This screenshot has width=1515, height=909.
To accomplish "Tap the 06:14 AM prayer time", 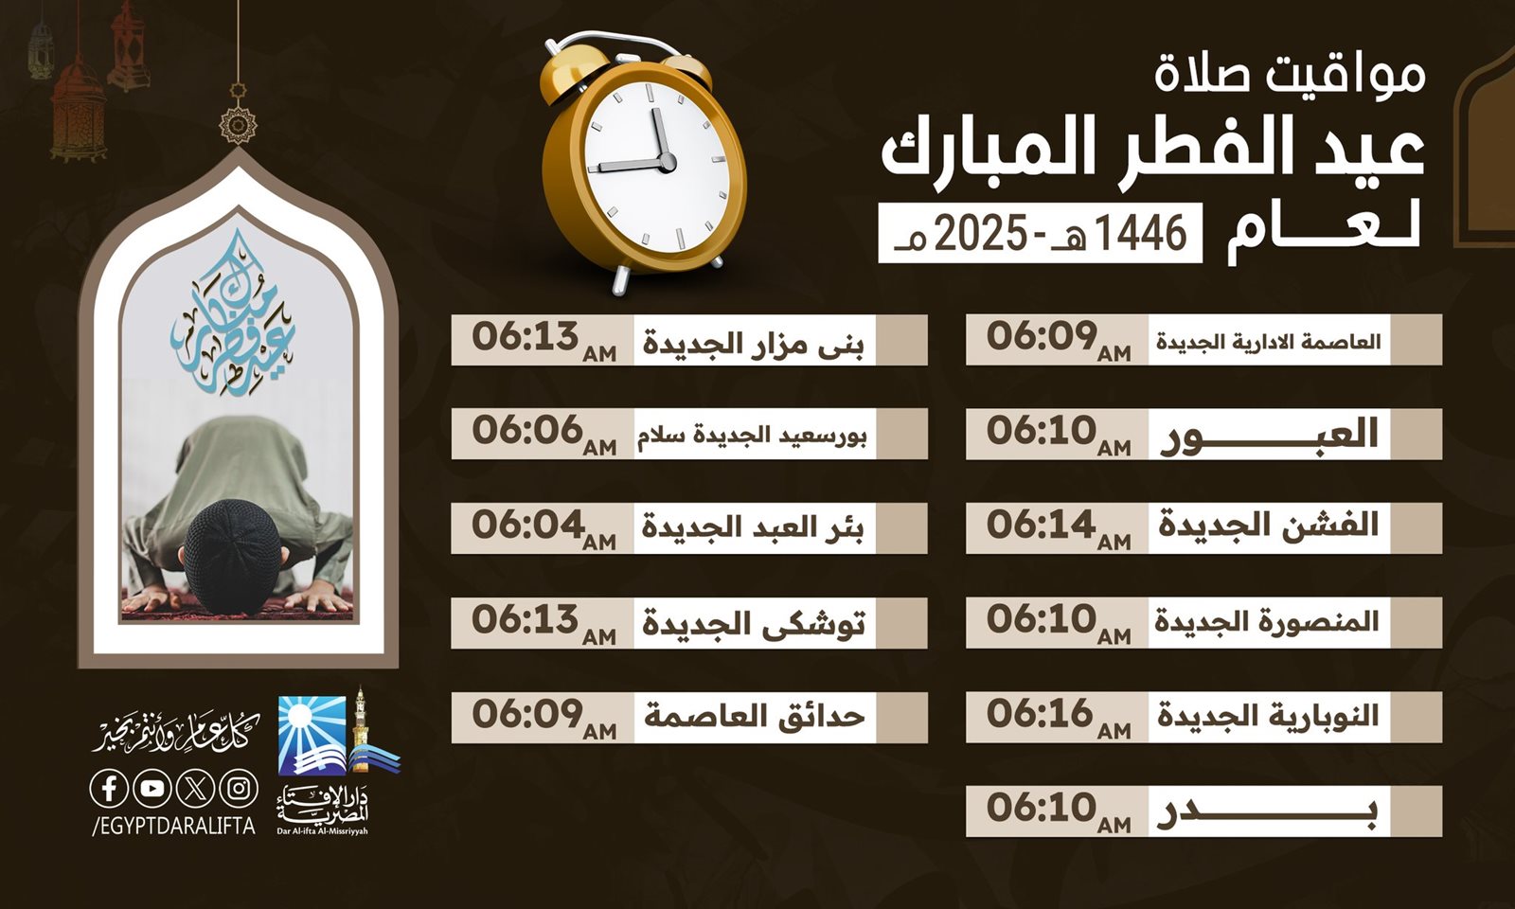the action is (1059, 529).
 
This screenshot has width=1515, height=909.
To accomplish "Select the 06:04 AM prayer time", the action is (544, 529).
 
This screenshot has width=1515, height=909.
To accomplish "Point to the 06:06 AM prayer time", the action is (544, 435).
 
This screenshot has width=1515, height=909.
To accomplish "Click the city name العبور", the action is (1269, 436).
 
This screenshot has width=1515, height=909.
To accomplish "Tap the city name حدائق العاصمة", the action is (754, 717).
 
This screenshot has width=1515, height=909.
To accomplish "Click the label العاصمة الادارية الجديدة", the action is (1268, 341).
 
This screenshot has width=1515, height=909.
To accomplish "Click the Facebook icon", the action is (109, 789).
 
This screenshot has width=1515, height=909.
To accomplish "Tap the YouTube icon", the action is (152, 789).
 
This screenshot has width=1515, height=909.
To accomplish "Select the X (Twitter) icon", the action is (195, 789).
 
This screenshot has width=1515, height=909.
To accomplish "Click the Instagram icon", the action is (239, 789).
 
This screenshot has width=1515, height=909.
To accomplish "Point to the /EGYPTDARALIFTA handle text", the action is (174, 826).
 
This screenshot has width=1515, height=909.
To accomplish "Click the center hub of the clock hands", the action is (667, 162).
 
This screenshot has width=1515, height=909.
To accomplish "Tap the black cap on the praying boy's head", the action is (232, 554).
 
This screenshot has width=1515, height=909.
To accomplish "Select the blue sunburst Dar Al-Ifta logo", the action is (312, 736).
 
